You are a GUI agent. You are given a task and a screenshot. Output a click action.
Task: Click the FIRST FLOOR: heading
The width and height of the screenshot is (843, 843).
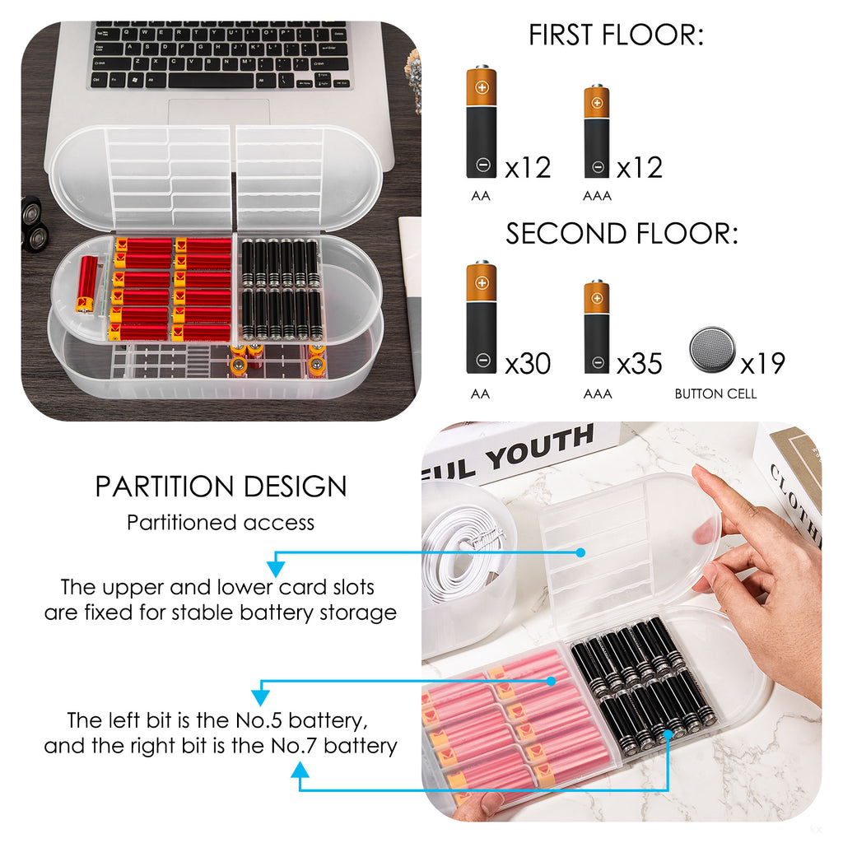616,35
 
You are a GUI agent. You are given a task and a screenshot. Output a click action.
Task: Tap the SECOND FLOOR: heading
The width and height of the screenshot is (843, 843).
622,234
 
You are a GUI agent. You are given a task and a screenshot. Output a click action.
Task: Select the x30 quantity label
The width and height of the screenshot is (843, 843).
528,364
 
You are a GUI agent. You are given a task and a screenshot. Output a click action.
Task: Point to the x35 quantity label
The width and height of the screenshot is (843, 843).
639,364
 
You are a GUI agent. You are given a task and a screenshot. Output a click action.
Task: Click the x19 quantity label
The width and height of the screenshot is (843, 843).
763,364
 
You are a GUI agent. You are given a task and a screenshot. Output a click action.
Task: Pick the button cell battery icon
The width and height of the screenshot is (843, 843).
712,350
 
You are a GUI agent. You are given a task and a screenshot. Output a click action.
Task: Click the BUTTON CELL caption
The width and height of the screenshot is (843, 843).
715,394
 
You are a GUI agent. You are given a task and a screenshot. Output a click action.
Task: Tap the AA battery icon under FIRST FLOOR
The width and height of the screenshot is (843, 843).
482,122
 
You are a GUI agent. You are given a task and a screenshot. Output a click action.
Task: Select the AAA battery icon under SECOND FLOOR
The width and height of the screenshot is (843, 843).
597,326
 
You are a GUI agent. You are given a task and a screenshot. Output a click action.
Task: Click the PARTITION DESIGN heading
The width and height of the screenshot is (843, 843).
221,487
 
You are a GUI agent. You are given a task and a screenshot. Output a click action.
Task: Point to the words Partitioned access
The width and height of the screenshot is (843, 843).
221,523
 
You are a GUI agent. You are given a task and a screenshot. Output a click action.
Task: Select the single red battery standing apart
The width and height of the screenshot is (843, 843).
86,284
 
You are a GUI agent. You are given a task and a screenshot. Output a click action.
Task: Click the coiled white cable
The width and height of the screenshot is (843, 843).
463,553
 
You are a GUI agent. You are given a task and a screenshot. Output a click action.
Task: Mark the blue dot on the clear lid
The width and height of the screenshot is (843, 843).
580,552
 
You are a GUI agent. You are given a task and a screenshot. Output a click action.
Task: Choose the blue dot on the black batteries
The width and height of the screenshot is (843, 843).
668,734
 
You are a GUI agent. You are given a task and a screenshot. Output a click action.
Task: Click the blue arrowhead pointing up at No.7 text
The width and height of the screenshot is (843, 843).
300,771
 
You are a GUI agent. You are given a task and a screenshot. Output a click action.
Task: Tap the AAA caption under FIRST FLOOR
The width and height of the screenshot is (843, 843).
598,196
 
